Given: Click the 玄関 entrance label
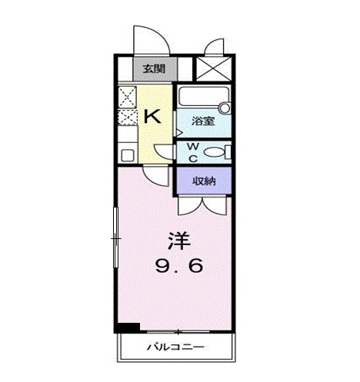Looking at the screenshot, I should coord(153,69).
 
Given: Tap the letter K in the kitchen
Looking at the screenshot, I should coord(152,117).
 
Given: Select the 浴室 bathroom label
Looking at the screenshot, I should coord(203,121).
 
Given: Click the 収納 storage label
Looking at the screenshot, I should coord(203,181).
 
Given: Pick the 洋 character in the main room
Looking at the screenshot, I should coord(178,239).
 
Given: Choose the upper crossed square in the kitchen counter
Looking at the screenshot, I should coord(127,96).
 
